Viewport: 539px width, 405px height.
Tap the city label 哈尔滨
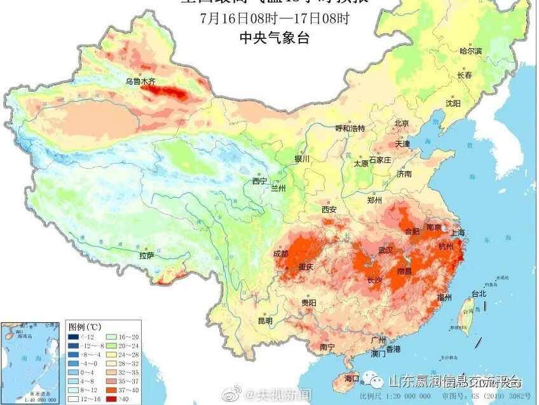tap(471, 51)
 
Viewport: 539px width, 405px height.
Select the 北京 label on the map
tap(402, 124)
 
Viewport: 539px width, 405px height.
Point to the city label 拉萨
tap(146, 255)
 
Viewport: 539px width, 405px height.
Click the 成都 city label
tap(280, 253)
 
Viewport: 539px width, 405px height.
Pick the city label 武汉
tap(386, 250)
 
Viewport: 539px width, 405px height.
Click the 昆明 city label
tap(265, 320)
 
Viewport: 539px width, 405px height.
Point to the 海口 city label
tap(351, 378)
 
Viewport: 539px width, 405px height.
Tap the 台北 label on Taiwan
tap(478, 294)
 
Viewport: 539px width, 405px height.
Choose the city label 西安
tap(328, 209)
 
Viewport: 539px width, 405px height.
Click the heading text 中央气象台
tap(274, 38)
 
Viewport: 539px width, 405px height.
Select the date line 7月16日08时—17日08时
tap(274, 18)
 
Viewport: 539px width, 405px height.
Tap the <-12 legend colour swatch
tap(74, 337)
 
